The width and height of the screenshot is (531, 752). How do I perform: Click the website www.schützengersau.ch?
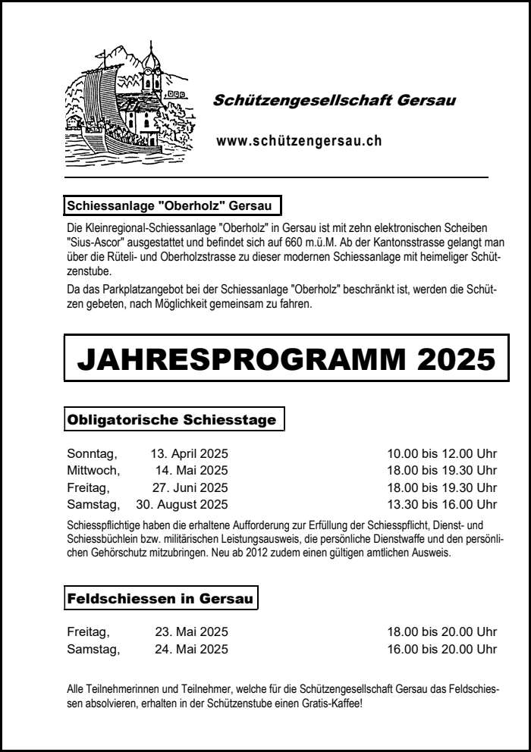pyautogui.click(x=298, y=140)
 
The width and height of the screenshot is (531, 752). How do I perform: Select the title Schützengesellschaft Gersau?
pyautogui.click(x=335, y=100)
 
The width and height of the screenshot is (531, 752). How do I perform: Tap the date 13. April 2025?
pyautogui.click(x=189, y=454)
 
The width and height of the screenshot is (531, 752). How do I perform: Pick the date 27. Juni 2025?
pyautogui.click(x=190, y=487)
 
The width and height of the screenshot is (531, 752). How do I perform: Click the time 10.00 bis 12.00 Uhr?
pyautogui.click(x=441, y=454)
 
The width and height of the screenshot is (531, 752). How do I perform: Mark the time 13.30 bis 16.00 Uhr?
pyautogui.click(x=441, y=504)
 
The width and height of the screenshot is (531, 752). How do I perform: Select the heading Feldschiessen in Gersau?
pyautogui.click(x=160, y=598)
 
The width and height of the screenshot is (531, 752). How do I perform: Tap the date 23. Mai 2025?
pyautogui.click(x=191, y=631)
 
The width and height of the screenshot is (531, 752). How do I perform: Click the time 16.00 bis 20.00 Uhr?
pyautogui.click(x=441, y=648)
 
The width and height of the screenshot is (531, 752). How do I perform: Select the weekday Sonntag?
pyautogui.click(x=92, y=454)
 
